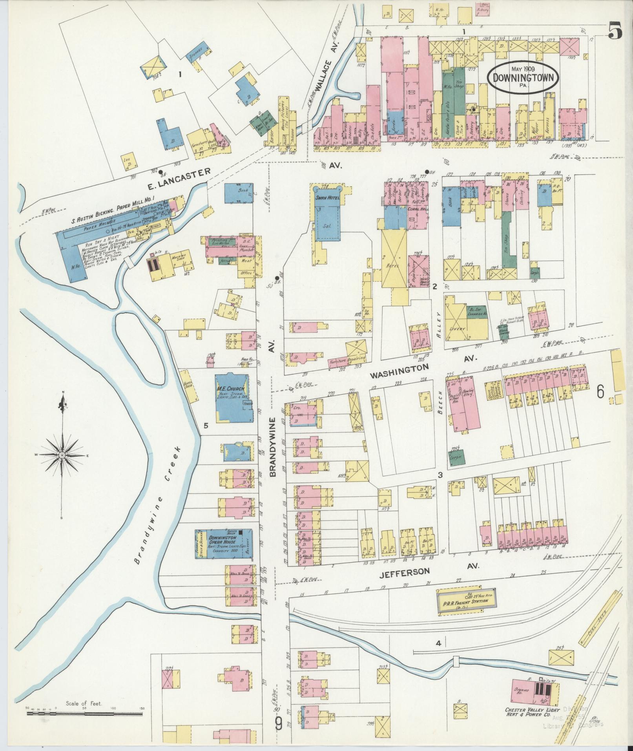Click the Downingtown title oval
[523, 77]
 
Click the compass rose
[62, 455]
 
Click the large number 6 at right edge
[600, 391]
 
